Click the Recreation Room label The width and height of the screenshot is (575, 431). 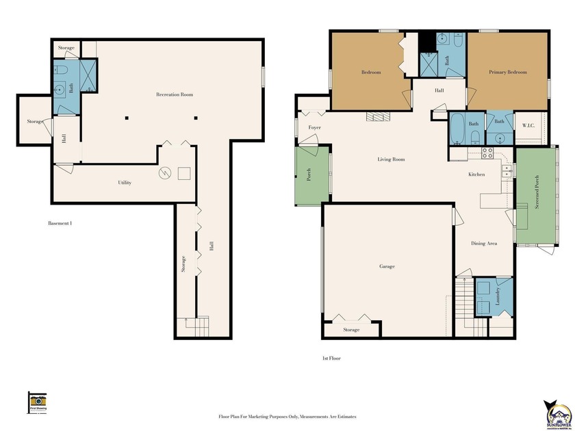click(x=174, y=94)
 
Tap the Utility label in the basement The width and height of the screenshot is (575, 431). click(x=124, y=183)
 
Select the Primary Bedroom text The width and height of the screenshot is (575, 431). click(x=507, y=72)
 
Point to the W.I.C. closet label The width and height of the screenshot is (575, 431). click(x=528, y=125)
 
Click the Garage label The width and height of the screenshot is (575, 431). click(x=387, y=266)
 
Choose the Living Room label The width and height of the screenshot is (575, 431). click(x=391, y=159)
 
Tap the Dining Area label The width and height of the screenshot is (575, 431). click(x=483, y=244)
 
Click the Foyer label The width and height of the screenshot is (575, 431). click(x=314, y=128)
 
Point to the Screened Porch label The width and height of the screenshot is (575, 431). click(x=537, y=198)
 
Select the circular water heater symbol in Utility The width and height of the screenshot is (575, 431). click(x=164, y=173)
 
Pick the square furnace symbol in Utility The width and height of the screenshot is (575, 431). click(x=183, y=173)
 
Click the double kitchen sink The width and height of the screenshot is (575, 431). click(x=507, y=170)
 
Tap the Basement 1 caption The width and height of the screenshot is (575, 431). click(x=60, y=224)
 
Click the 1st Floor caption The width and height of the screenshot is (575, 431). click(x=331, y=358)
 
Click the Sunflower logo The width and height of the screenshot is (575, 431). click(x=557, y=414)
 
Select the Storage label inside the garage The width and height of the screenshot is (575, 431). click(x=351, y=330)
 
